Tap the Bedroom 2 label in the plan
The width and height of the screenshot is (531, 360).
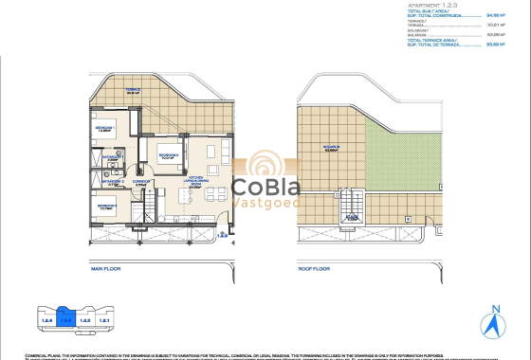click(x=169, y=155)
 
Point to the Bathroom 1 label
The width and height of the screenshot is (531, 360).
click(x=111, y=159)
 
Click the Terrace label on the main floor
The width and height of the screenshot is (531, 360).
click(x=133, y=91)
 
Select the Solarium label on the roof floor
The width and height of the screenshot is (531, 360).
click(x=331, y=148)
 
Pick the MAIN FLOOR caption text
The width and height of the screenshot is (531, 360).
click(x=109, y=268)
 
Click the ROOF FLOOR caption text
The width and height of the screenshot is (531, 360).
click(x=314, y=268)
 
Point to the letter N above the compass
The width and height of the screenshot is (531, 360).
click(x=494, y=308)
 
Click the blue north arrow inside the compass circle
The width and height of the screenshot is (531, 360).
click(x=494, y=326)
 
